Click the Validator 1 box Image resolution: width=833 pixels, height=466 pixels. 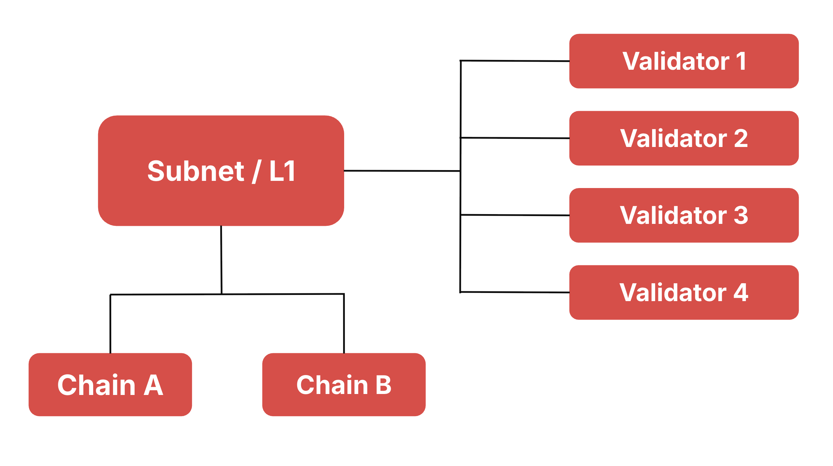(x=683, y=61)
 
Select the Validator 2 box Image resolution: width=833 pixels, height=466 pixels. (x=683, y=138)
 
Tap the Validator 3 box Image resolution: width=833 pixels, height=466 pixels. (x=683, y=215)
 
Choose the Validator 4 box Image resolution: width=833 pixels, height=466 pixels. (x=683, y=292)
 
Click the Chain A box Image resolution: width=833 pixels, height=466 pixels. (x=110, y=385)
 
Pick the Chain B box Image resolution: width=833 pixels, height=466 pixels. (x=344, y=385)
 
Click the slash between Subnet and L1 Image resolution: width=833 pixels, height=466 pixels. (x=256, y=172)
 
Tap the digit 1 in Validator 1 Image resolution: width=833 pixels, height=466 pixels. (x=740, y=61)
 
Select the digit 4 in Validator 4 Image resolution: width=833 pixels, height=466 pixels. (x=741, y=292)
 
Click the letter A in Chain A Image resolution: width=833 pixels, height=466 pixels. (x=154, y=385)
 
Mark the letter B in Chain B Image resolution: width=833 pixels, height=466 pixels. (x=383, y=385)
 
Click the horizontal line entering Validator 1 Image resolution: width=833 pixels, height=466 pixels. (x=515, y=61)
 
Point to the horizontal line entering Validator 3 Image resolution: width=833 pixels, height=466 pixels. (x=515, y=215)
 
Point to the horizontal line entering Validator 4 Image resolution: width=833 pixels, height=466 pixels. (x=515, y=292)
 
